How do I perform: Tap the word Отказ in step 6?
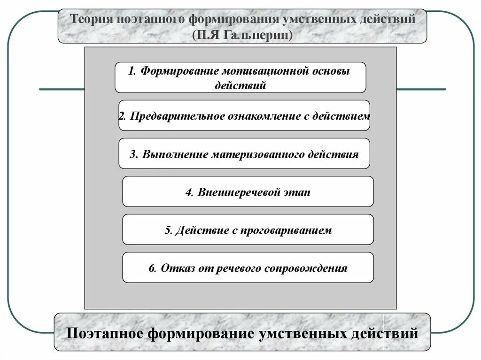176,268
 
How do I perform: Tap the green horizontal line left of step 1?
62,89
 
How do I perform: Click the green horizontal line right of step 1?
421,89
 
